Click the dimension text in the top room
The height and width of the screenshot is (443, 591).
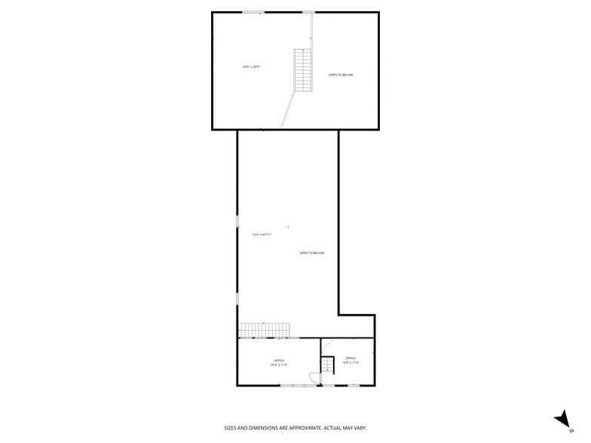(x=251, y=67)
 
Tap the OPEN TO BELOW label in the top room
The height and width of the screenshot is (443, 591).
(x=341, y=75)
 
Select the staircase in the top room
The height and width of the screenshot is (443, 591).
(x=303, y=70)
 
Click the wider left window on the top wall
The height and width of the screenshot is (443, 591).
(x=253, y=12)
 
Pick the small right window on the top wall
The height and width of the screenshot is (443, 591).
(x=308, y=12)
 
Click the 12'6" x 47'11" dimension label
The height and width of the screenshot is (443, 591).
(x=262, y=234)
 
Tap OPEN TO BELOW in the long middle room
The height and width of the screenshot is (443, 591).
(x=312, y=253)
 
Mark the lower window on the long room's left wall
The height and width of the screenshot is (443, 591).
(x=237, y=298)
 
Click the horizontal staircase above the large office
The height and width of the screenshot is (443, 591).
(x=265, y=330)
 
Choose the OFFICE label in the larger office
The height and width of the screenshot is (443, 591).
(x=279, y=360)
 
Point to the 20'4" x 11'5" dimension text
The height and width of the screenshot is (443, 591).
(x=279, y=365)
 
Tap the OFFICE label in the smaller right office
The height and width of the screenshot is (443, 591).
(x=351, y=358)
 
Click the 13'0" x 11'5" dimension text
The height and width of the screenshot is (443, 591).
(x=351, y=363)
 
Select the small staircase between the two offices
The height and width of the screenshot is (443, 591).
(x=327, y=365)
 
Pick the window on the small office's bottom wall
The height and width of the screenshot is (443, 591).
(x=353, y=386)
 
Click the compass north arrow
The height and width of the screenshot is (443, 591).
(x=562, y=419)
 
